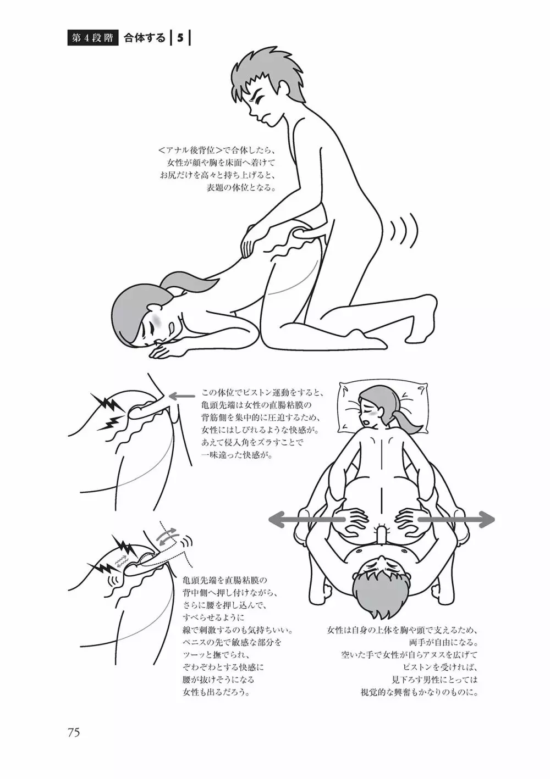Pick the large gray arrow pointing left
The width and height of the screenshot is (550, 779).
tap(306, 529)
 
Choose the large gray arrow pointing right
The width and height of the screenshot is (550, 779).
tap(455, 529)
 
